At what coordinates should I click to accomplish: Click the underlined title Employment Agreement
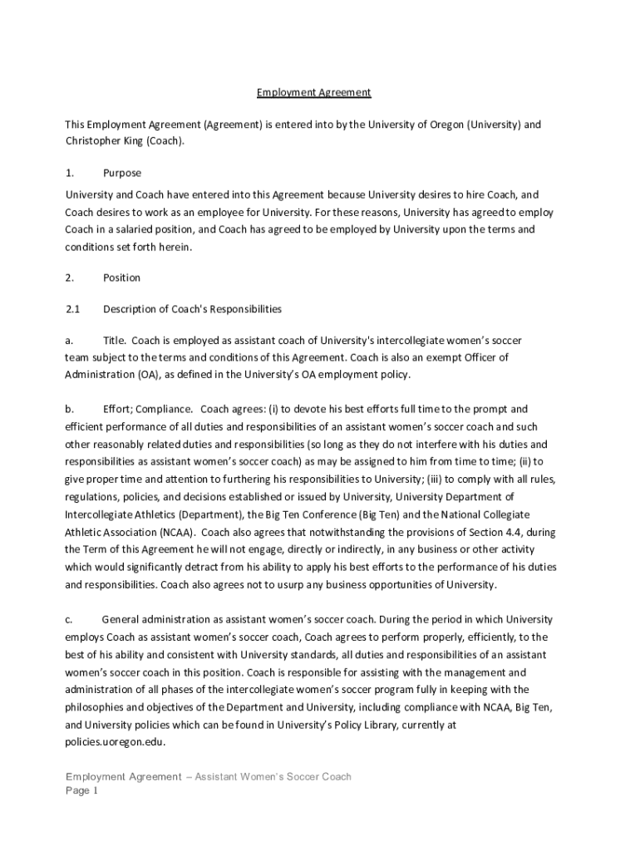tap(313, 92)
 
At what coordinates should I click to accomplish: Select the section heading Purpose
tap(122, 173)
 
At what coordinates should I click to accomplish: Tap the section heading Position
tap(121, 278)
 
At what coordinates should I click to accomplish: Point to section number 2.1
tap(72, 309)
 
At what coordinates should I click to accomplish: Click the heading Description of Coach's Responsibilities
tap(192, 309)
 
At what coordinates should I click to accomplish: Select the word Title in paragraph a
tap(114, 341)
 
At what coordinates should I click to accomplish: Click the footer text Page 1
tap(82, 791)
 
